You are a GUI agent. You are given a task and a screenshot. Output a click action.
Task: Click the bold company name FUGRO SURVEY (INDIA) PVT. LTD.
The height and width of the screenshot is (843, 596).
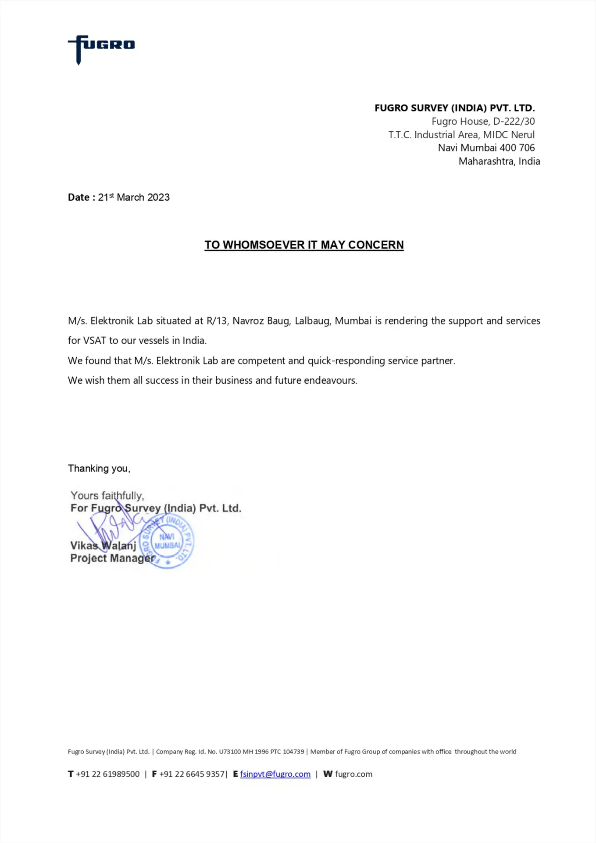pyautogui.click(x=454, y=108)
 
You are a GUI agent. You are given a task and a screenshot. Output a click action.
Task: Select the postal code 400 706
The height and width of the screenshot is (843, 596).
pyautogui.click(x=517, y=148)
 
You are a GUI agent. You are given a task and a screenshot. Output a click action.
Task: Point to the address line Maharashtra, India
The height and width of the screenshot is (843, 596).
pyautogui.click(x=499, y=162)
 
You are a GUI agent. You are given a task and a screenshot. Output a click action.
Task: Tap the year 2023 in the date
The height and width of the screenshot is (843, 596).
pyautogui.click(x=158, y=198)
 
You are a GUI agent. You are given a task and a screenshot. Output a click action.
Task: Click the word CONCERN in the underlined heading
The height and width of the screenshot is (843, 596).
pyautogui.click(x=376, y=245)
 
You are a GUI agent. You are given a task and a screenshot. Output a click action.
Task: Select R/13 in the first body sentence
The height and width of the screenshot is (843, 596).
pyautogui.click(x=217, y=321)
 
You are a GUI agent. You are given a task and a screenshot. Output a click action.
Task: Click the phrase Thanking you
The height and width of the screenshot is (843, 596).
pyautogui.click(x=99, y=468)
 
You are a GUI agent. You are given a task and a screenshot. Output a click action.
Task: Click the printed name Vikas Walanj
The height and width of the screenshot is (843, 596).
pyautogui.click(x=103, y=546)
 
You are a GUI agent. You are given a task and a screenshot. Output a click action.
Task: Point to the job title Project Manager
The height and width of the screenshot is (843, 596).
pyautogui.click(x=113, y=558)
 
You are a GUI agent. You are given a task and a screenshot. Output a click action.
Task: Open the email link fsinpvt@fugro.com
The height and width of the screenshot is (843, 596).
pyautogui.click(x=275, y=774)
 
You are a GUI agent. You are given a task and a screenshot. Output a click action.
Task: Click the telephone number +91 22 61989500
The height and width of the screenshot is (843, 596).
pyautogui.click(x=107, y=774)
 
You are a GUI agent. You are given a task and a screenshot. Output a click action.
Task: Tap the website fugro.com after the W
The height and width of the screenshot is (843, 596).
pyautogui.click(x=353, y=774)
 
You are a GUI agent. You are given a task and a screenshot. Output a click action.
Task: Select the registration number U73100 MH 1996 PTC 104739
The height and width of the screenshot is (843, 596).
pyautogui.click(x=261, y=752)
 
